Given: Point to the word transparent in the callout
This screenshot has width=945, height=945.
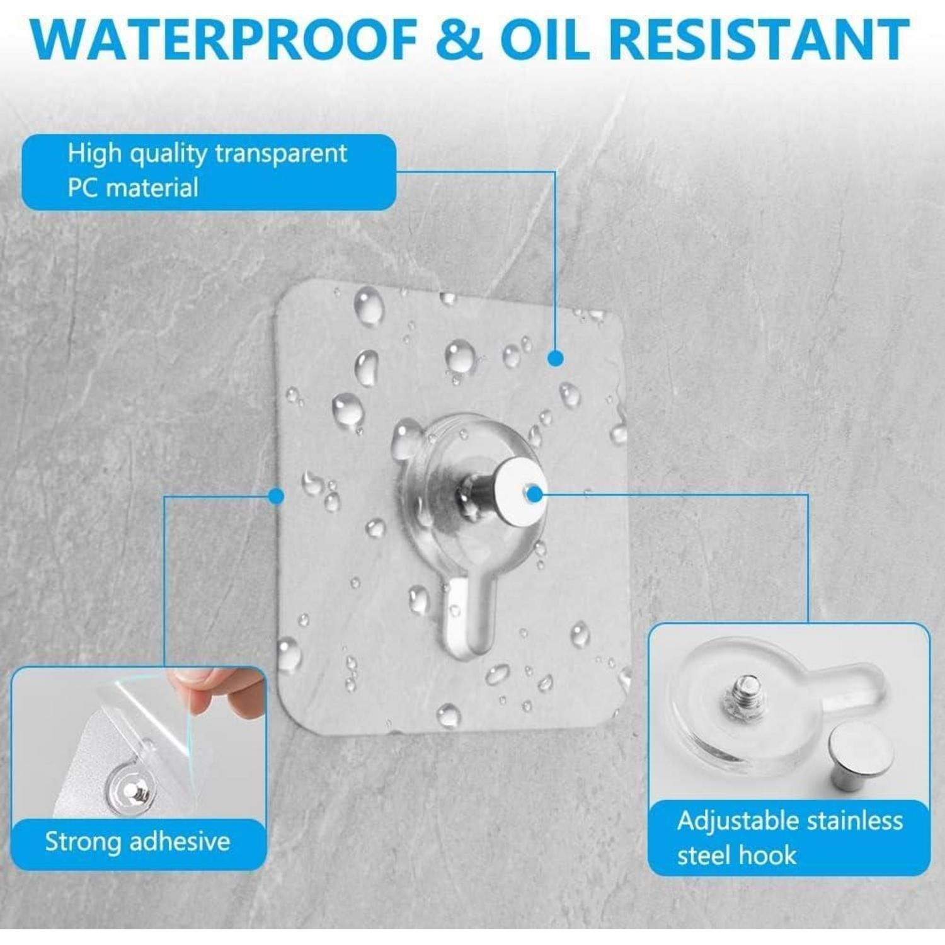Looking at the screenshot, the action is point(281,153).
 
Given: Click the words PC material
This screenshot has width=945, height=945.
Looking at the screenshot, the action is point(133,188).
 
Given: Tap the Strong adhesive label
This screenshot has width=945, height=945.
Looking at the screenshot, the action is point(137,842).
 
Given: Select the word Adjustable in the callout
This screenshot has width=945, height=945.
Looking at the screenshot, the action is point(738,822).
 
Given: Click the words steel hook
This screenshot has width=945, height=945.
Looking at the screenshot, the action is point(736,856).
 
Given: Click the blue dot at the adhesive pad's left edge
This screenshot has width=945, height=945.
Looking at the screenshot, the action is point(276,496).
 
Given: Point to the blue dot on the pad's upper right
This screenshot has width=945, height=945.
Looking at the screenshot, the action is point(555,358).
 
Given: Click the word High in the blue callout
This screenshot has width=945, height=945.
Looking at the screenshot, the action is point(94,153).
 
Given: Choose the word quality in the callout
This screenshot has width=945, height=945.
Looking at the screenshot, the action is point(168,154).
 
